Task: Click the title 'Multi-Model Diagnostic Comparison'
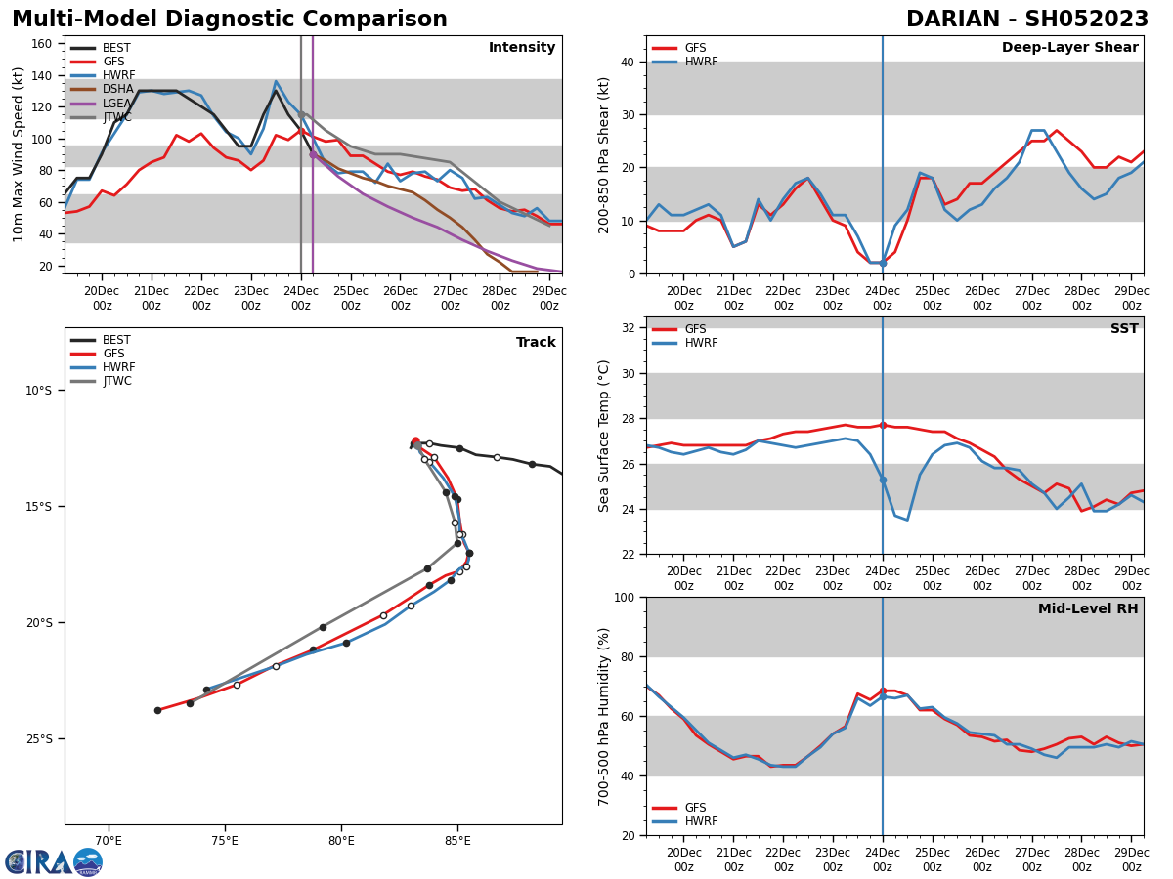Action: tap(230, 20)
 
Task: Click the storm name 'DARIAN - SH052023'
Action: tap(1026, 20)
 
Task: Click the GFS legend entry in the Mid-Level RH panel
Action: tap(695, 808)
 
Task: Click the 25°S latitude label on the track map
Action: tap(38, 738)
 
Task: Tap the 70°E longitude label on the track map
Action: tap(109, 841)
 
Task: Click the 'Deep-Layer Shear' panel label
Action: tap(1069, 48)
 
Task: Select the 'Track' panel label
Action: tap(536, 343)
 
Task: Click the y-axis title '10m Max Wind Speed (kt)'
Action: tap(19, 154)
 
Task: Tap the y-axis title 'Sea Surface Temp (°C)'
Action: tap(603, 436)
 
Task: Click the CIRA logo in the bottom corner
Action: tap(54, 861)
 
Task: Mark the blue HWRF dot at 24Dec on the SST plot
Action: tap(883, 480)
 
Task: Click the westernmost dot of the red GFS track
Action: tap(157, 710)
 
